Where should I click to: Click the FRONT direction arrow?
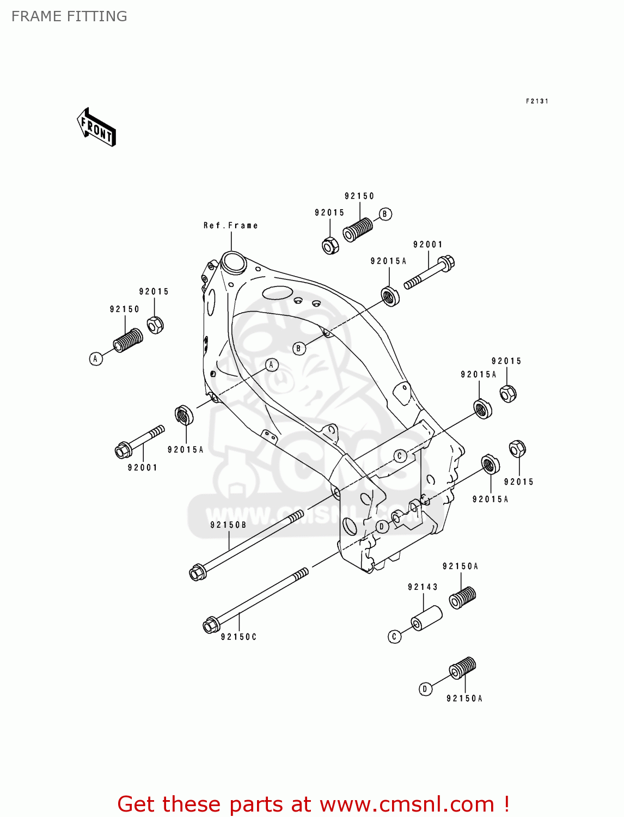tap(96, 127)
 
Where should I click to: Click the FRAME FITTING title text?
tap(69, 16)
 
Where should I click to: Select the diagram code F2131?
tap(537, 101)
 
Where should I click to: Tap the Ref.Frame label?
tap(230, 225)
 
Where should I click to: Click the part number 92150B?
tap(228, 525)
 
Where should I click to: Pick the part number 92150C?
tap(238, 637)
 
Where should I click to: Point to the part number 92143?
tap(423, 587)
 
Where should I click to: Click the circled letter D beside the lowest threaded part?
tap(425, 689)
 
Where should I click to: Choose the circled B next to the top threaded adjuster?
tap(385, 214)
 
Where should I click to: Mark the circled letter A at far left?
tap(96, 358)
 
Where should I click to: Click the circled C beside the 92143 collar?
tap(395, 636)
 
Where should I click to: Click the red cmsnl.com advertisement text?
tap(313, 804)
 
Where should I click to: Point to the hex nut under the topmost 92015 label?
tap(330, 246)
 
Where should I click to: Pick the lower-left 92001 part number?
tap(142, 467)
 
